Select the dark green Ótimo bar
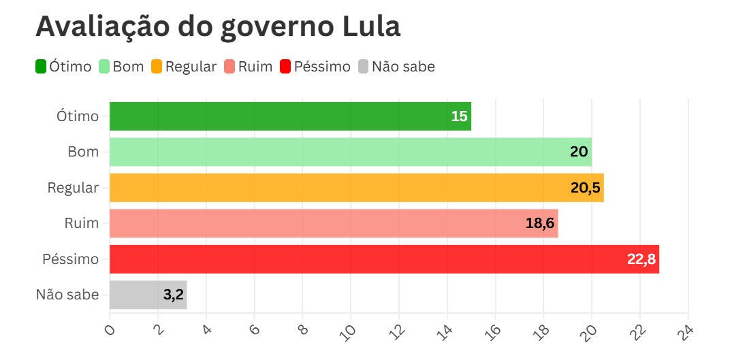point(290,116)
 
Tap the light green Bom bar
point(350,152)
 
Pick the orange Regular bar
point(356,188)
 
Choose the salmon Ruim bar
point(334,223)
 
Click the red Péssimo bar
point(384,259)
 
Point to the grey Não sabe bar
point(148,295)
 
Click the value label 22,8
point(641,259)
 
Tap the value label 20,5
point(586,188)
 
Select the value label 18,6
point(540,223)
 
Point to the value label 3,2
point(173,295)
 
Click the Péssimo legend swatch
point(285,67)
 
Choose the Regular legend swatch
point(157,67)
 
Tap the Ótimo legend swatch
point(41,67)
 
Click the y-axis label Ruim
point(82,223)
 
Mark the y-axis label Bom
point(83,152)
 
